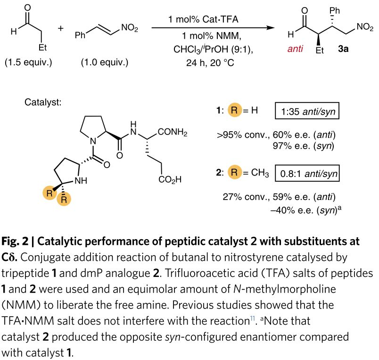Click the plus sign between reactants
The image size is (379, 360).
click(60, 28)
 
